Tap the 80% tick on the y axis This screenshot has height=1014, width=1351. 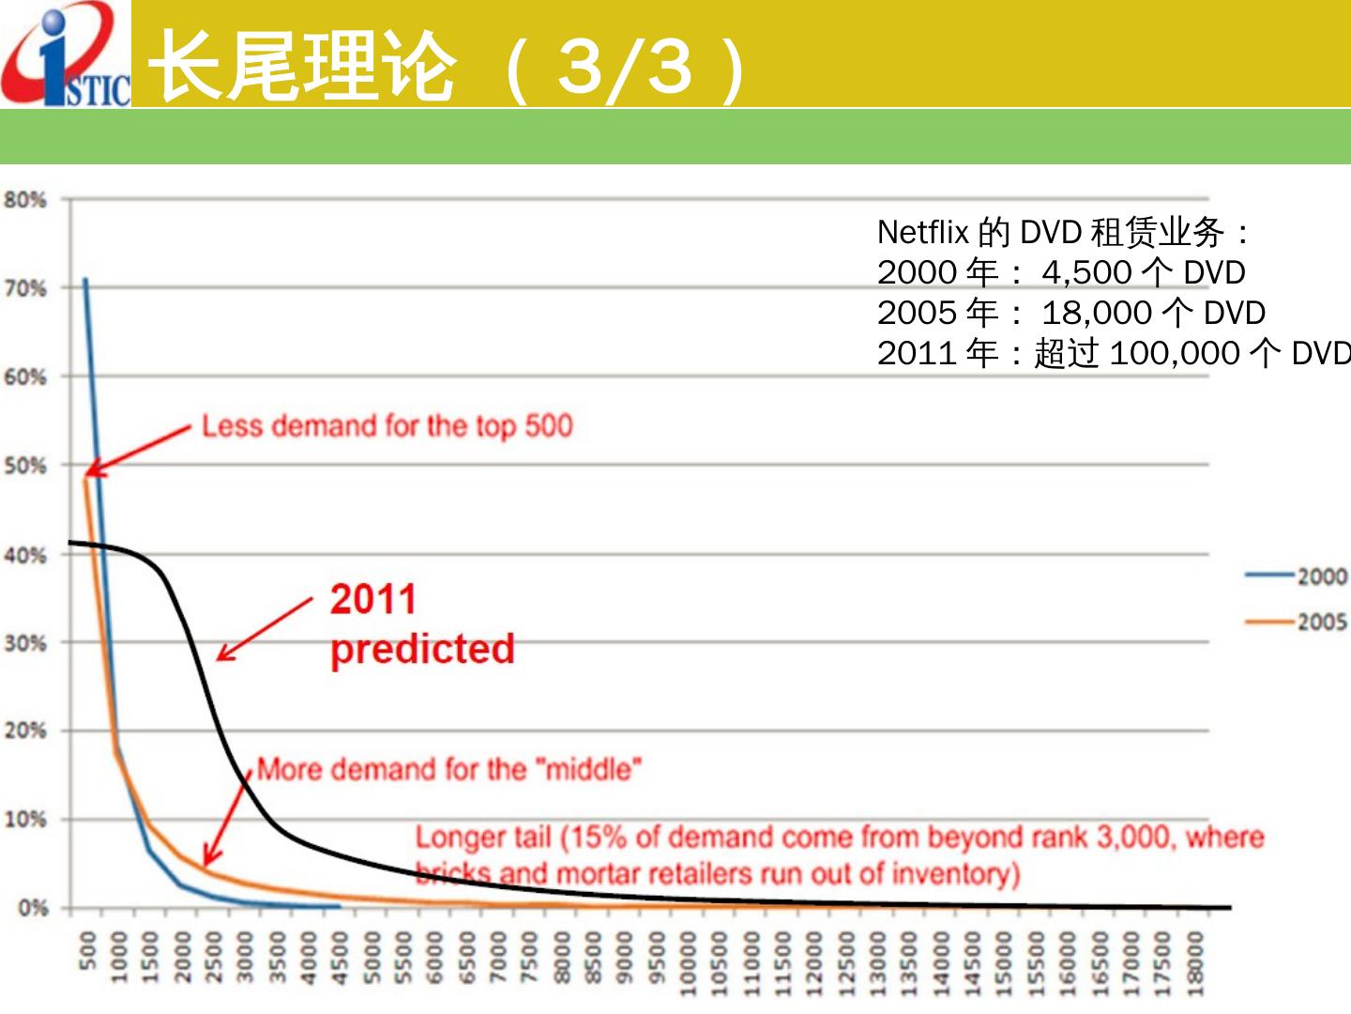click(x=25, y=200)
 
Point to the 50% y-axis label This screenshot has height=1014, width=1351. click(x=25, y=466)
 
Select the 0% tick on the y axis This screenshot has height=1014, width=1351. click(x=32, y=908)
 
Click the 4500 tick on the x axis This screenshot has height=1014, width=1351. click(x=341, y=958)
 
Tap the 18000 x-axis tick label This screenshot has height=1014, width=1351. click(x=1194, y=958)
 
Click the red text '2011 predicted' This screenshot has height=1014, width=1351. click(x=421, y=624)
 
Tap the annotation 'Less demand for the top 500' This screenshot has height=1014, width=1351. click(x=387, y=426)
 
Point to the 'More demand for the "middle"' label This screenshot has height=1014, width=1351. click(x=449, y=770)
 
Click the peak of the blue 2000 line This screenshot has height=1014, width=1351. click(x=85, y=279)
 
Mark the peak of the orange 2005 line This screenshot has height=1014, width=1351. click(x=85, y=478)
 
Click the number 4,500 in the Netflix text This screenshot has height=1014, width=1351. click(x=1086, y=272)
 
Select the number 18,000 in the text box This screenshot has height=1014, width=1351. click(x=1096, y=313)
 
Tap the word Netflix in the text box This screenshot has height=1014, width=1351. click(x=922, y=232)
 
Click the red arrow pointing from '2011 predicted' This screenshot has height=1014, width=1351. click(x=265, y=629)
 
